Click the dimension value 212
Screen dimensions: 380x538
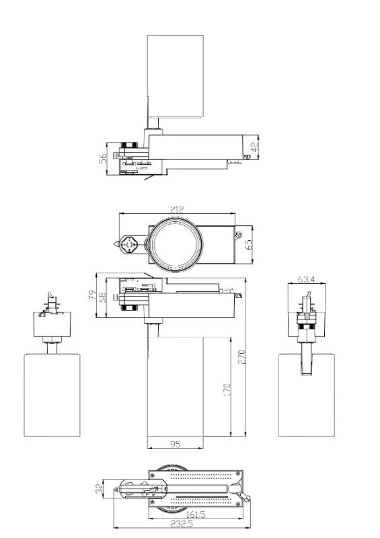(177, 209)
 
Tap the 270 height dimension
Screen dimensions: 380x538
(242, 357)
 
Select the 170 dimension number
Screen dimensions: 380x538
(227, 391)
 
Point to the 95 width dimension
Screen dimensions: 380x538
(175, 445)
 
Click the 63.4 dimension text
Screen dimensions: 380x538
(306, 279)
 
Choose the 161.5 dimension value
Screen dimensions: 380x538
(195, 514)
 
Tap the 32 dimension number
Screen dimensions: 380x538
(100, 489)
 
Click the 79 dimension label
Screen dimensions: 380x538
(92, 295)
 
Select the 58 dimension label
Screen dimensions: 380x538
(102, 297)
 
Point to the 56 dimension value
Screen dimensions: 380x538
(103, 158)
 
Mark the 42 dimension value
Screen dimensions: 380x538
(255, 147)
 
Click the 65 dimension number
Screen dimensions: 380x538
(249, 244)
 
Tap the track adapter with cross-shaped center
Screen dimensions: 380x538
(130, 245)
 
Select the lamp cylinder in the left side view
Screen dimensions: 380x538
(52, 395)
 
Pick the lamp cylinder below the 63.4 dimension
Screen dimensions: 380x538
(307, 395)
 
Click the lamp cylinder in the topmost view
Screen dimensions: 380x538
(176, 76)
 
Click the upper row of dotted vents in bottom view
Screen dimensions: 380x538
(201, 477)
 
